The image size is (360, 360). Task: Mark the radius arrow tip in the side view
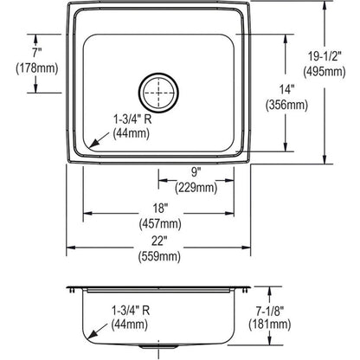coord(88,335)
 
